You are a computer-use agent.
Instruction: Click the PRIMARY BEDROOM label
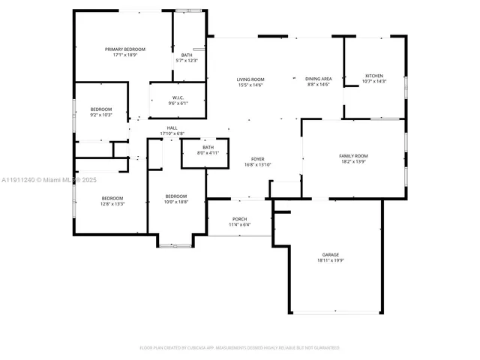tap(124, 49)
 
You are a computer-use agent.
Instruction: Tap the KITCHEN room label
tap(373, 76)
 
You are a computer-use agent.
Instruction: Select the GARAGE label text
tap(330, 255)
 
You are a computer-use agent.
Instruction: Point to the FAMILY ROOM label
tap(354, 155)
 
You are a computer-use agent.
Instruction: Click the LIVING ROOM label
tap(250, 79)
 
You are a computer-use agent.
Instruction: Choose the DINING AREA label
tap(318, 79)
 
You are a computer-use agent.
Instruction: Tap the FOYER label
tap(257, 158)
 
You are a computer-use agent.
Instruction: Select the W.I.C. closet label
tap(178, 97)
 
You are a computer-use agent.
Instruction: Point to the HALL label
tap(172, 128)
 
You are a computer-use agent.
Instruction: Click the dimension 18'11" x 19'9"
tap(330, 261)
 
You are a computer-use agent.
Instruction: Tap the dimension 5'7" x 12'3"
tap(186, 60)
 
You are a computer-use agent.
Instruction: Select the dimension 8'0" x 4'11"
tap(207, 153)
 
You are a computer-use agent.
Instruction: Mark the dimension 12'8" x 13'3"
tap(112, 204)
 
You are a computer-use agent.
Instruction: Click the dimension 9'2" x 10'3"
tap(101, 115)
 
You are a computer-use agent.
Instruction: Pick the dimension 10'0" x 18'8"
tap(177, 202)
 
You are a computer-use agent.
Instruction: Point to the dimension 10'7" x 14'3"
tap(373, 82)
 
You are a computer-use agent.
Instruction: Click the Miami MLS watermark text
tap(49, 180)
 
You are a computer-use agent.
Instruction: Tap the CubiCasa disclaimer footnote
tap(240, 347)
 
